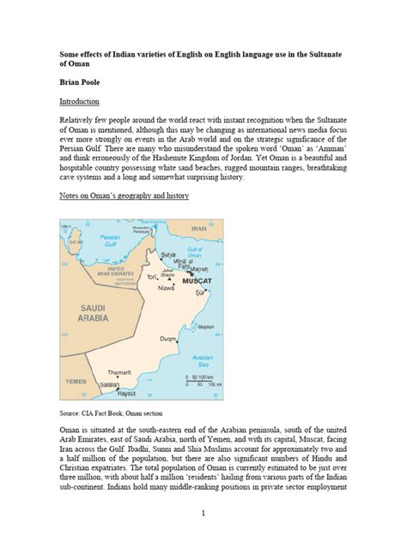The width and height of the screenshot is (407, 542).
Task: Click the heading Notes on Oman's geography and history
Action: (x=131, y=196)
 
